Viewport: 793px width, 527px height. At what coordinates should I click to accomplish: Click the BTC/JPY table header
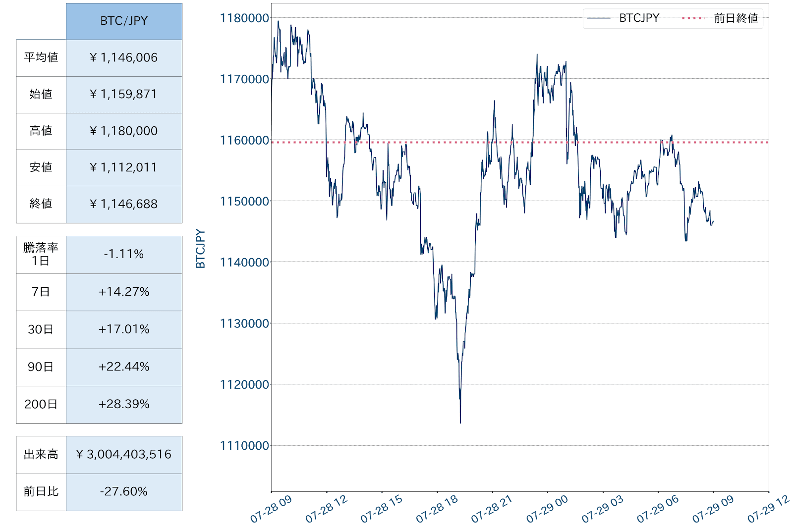tap(124, 21)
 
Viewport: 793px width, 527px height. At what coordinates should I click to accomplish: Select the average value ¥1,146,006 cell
tap(124, 57)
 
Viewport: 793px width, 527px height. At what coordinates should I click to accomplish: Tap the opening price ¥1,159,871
tap(124, 94)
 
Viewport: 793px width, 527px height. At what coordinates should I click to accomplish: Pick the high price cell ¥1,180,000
tap(124, 131)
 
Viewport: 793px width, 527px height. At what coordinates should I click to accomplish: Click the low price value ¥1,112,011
tap(124, 167)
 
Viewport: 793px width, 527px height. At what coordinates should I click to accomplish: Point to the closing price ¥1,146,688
tap(124, 204)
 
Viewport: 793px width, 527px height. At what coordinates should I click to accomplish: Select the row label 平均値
tap(41, 57)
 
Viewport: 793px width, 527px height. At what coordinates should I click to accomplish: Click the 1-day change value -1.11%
tap(124, 254)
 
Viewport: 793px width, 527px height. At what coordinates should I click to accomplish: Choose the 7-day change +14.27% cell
tap(124, 292)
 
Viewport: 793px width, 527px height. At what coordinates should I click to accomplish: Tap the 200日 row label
tap(41, 404)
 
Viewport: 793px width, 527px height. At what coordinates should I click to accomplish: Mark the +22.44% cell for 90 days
tap(124, 367)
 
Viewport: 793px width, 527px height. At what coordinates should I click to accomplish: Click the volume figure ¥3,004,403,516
tap(124, 454)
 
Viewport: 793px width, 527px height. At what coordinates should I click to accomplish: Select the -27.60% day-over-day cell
tap(124, 491)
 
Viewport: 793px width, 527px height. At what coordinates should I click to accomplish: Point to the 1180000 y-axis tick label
tap(245, 18)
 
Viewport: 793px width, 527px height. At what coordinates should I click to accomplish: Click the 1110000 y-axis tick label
tap(245, 446)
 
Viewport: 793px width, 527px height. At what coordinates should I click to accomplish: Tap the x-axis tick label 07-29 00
tap(548, 509)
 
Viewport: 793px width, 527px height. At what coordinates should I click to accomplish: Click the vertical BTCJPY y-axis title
tap(200, 249)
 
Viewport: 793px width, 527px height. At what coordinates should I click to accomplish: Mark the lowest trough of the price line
tap(460, 422)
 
